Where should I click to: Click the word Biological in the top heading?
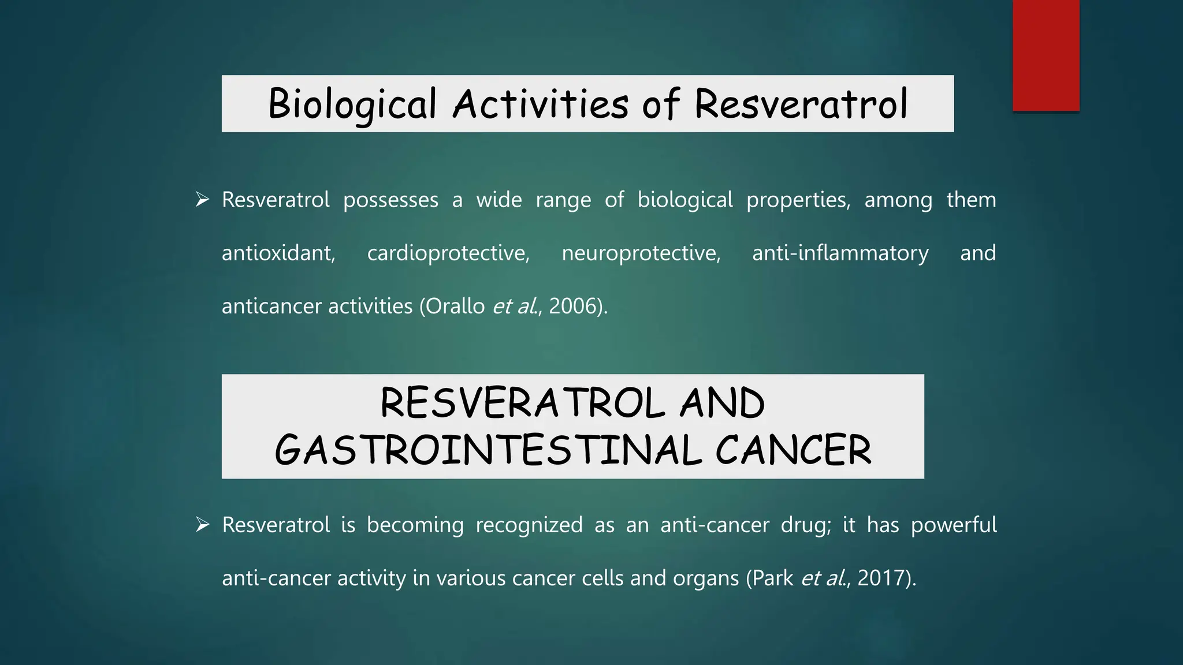point(352,104)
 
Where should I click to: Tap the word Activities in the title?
point(540,104)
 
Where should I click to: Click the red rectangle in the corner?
point(1046,55)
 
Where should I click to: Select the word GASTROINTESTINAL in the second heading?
point(488,451)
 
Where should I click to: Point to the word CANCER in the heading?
point(793,451)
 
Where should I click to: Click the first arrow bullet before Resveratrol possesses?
point(202,200)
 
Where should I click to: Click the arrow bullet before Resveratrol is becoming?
point(202,525)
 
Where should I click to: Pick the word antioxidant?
point(278,253)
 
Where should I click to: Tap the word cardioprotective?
point(448,253)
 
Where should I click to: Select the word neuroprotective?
point(641,253)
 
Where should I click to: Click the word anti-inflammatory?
point(840,253)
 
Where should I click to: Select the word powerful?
point(954,525)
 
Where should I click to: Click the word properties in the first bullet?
point(798,200)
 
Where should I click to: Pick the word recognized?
point(529,525)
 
